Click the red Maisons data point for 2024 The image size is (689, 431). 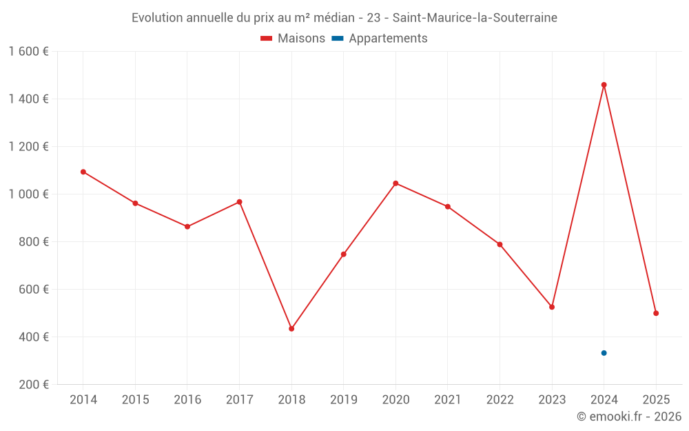(x=604, y=85)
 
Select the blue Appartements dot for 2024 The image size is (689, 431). (x=604, y=353)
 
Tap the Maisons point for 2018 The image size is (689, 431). (x=291, y=329)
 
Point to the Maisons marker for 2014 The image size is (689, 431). (x=83, y=172)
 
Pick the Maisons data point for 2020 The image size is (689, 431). (x=395, y=183)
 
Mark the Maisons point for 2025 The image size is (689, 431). (x=656, y=313)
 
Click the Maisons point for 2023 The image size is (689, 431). (x=552, y=307)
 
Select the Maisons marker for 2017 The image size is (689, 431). (x=239, y=202)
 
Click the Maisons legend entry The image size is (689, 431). (x=293, y=39)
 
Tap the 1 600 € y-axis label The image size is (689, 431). (x=28, y=52)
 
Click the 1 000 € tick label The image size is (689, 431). (x=28, y=194)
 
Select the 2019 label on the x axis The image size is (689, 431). (x=343, y=400)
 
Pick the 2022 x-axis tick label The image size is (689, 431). (x=500, y=400)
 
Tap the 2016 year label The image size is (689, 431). (x=187, y=400)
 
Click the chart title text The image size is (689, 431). (x=344, y=18)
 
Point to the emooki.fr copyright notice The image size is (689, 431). (x=628, y=417)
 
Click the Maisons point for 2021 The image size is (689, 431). (x=448, y=207)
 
